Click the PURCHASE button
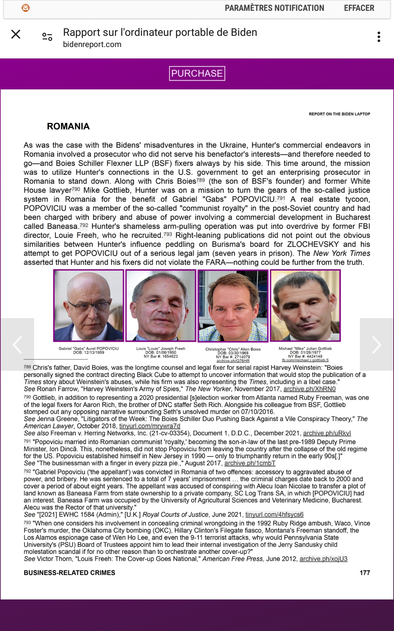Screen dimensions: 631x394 click(197, 73)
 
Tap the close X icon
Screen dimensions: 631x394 click(16, 34)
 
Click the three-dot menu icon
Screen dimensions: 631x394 click(379, 37)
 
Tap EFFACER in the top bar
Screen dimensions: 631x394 click(359, 8)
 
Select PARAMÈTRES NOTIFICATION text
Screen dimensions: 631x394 click(274, 8)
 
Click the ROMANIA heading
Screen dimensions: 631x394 click(68, 126)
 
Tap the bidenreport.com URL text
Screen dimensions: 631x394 click(92, 44)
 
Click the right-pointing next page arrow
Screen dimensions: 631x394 click(377, 344)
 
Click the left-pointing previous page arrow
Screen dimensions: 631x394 click(17, 344)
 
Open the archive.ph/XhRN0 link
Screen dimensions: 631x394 click(309, 389)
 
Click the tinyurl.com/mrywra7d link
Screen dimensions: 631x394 click(150, 426)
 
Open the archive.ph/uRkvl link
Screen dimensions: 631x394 click(327, 433)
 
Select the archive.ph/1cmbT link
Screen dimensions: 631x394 click(250, 463)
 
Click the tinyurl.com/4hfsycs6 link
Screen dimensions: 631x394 click(274, 514)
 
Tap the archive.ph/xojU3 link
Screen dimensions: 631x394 click(323, 559)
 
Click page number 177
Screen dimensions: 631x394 click(365, 573)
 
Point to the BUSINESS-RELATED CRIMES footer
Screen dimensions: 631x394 click(69, 573)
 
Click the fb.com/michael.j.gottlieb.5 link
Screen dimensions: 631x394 click(305, 360)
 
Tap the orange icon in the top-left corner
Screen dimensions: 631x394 click(26, 8)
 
